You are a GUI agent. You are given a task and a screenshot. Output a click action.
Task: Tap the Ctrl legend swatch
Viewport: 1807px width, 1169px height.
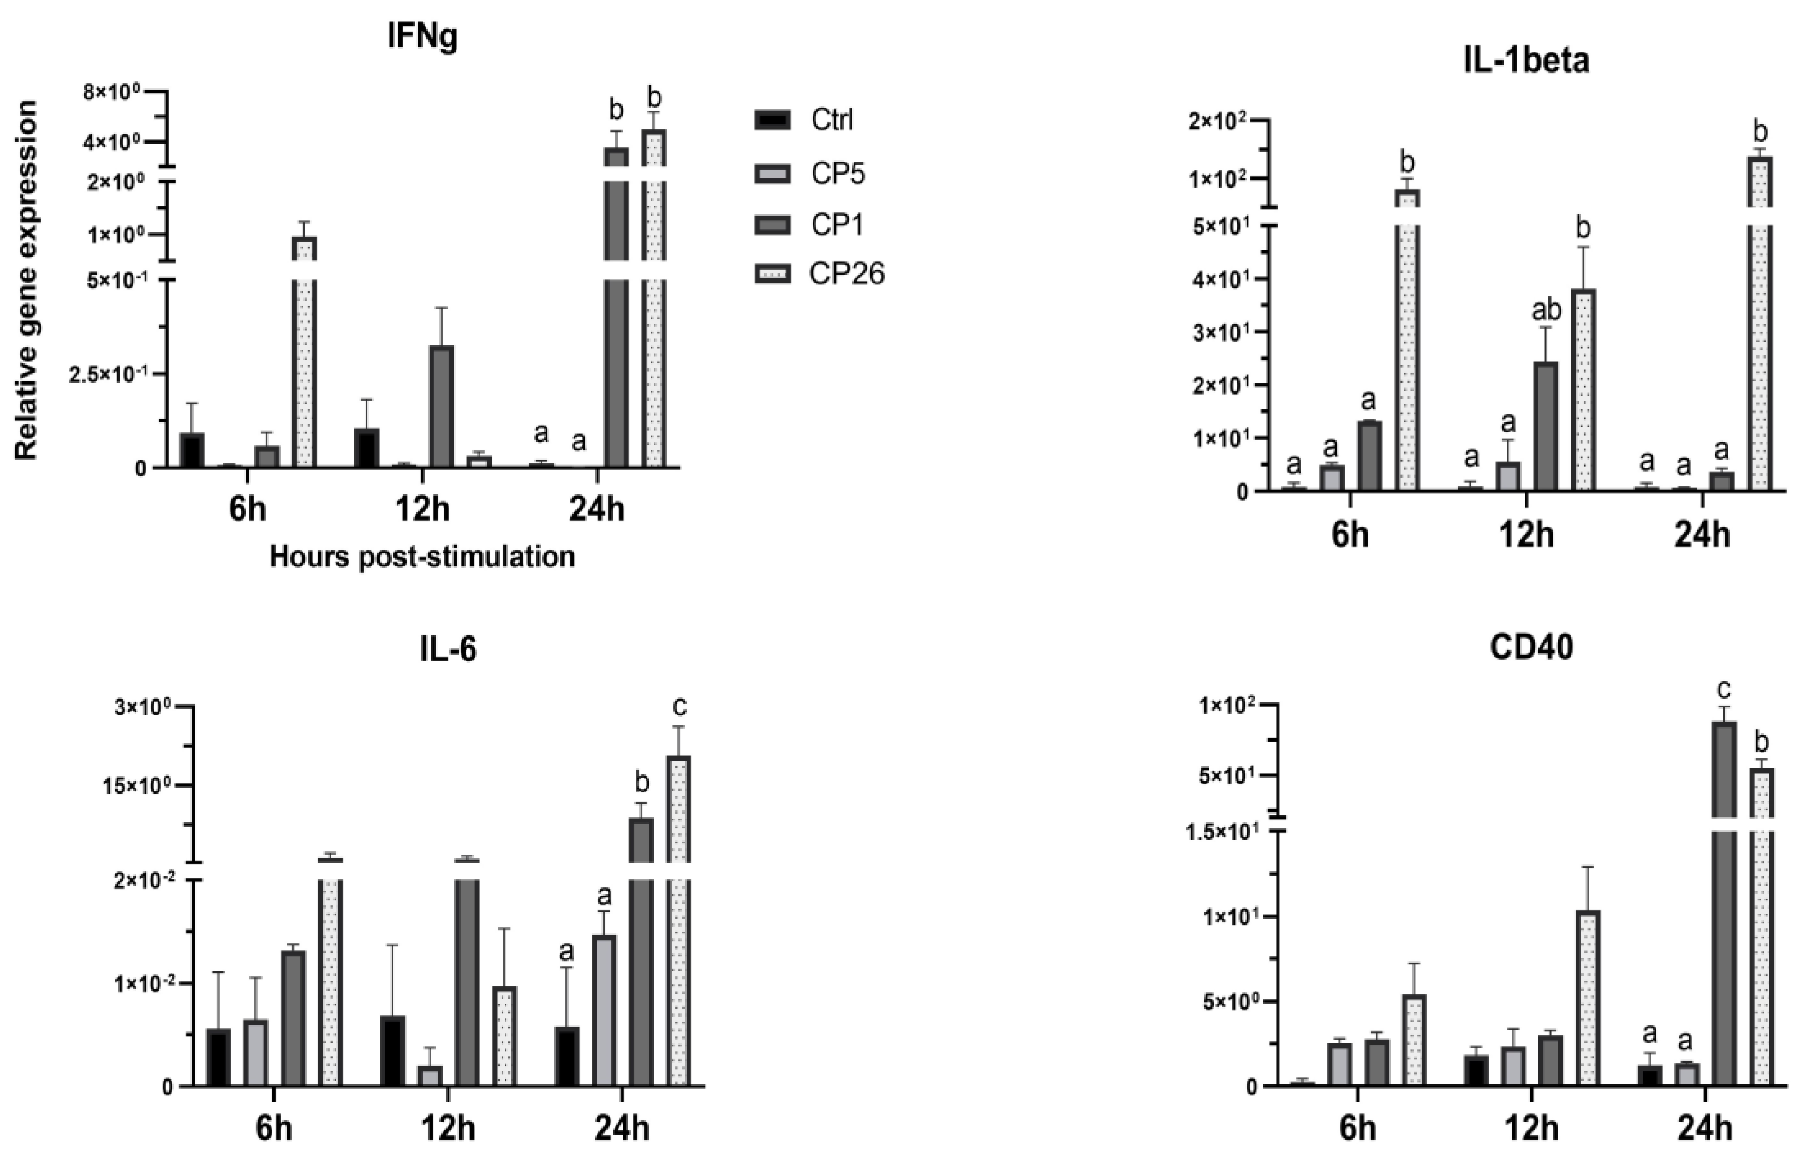click(773, 120)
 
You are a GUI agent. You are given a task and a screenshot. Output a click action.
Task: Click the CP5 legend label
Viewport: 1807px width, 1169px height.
click(838, 174)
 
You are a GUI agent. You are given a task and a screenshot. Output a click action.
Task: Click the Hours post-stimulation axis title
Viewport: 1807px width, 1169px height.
click(422, 557)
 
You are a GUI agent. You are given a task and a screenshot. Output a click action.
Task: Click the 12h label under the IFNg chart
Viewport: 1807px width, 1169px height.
click(422, 509)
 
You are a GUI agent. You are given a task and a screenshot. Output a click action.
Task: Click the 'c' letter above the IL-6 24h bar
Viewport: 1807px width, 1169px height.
click(679, 707)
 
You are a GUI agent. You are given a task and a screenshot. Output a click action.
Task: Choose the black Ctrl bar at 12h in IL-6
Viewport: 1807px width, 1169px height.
click(392, 1051)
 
